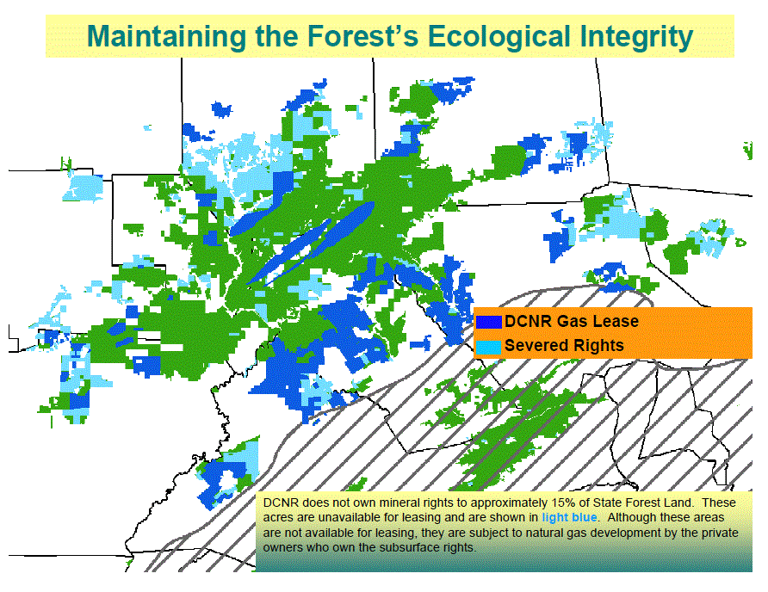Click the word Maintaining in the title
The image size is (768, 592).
coord(166,37)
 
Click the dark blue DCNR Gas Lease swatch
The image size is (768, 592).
coord(489,322)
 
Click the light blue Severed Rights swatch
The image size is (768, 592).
coord(489,347)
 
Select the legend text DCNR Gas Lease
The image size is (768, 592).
coord(572,321)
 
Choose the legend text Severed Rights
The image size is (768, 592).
coord(564,346)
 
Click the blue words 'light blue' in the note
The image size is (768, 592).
coord(569,518)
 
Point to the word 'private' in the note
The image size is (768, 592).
coord(722,533)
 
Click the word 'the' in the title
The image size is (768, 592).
coord(276,36)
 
